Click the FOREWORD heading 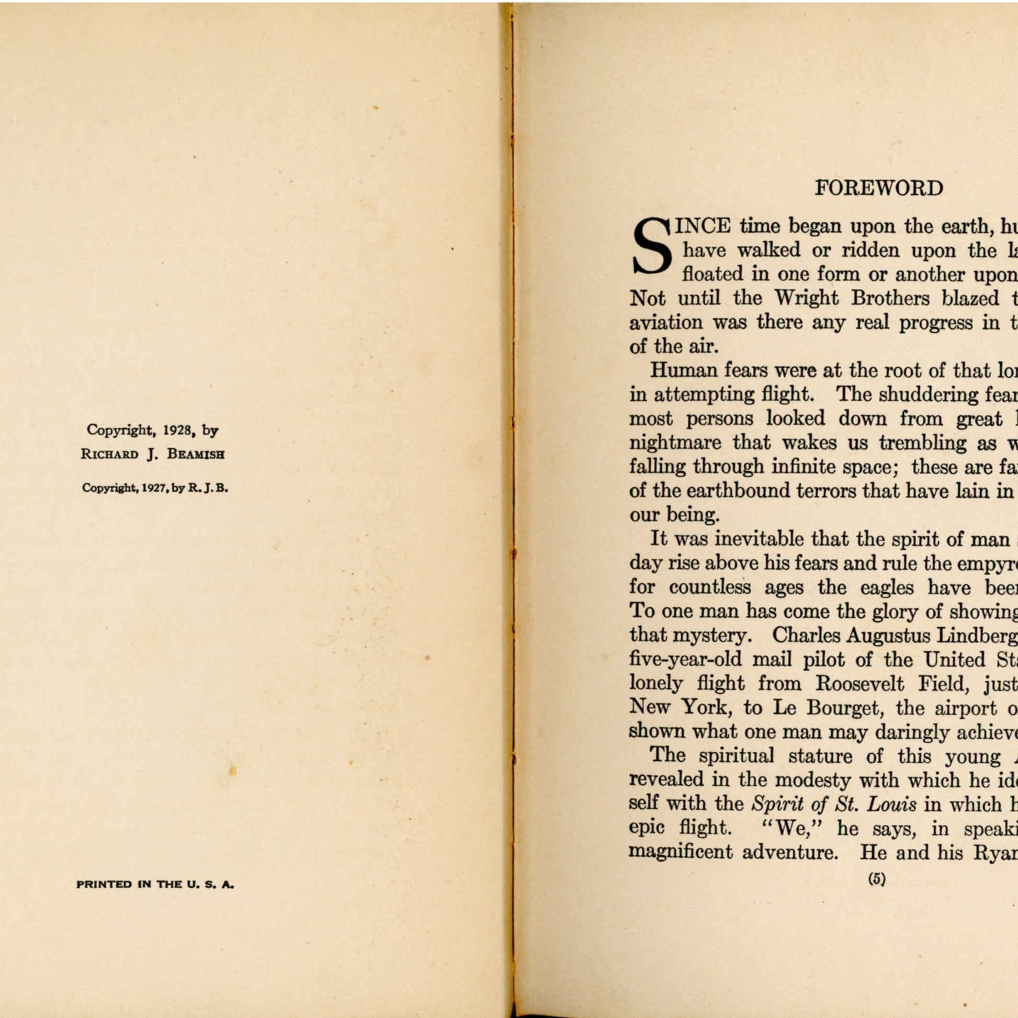tap(878, 188)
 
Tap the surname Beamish tap(196, 454)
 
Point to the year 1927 tap(155, 488)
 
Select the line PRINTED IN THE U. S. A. tap(155, 885)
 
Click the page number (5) tap(877, 878)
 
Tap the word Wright tap(806, 298)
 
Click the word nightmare tap(675, 443)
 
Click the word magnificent tap(681, 852)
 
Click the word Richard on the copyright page tap(110, 454)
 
